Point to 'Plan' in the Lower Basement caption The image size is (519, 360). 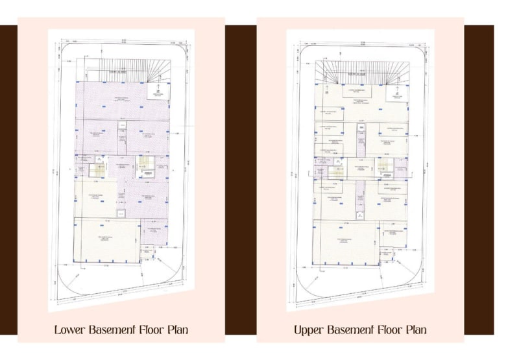176,330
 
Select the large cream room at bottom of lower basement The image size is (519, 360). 107,240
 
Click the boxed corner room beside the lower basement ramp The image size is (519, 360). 158,93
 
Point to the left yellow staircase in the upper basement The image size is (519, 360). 337,171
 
